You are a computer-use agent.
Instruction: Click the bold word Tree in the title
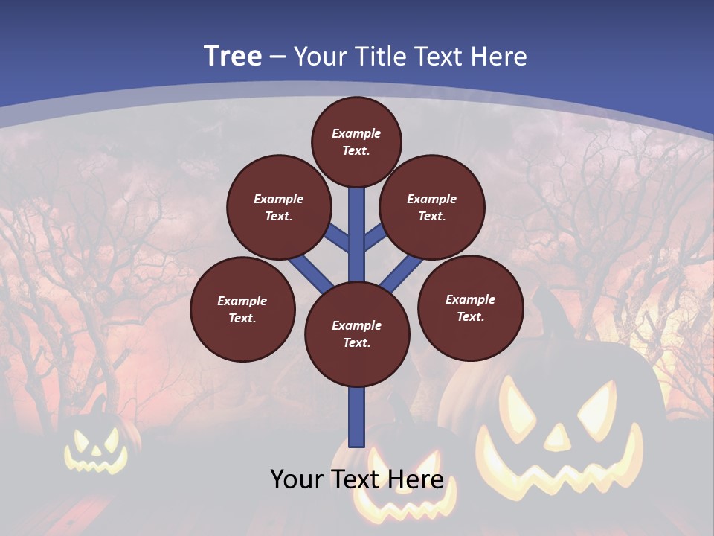[x=233, y=57]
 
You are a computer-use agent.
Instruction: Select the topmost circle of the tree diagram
[x=356, y=141]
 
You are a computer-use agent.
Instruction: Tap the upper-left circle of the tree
[x=279, y=207]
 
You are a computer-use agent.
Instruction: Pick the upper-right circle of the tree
[x=432, y=207]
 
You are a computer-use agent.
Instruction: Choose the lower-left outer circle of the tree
[x=242, y=309]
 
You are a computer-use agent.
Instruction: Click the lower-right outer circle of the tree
[x=470, y=307]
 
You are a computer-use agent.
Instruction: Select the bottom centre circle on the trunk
[x=357, y=334]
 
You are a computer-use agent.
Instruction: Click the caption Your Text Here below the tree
[x=357, y=479]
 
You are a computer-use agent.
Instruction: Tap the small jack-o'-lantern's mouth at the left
[x=96, y=464]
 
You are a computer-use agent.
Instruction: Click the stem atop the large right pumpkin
[x=550, y=305]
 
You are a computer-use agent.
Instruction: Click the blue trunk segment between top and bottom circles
[x=357, y=234]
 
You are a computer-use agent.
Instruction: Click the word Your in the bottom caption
[x=296, y=479]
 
